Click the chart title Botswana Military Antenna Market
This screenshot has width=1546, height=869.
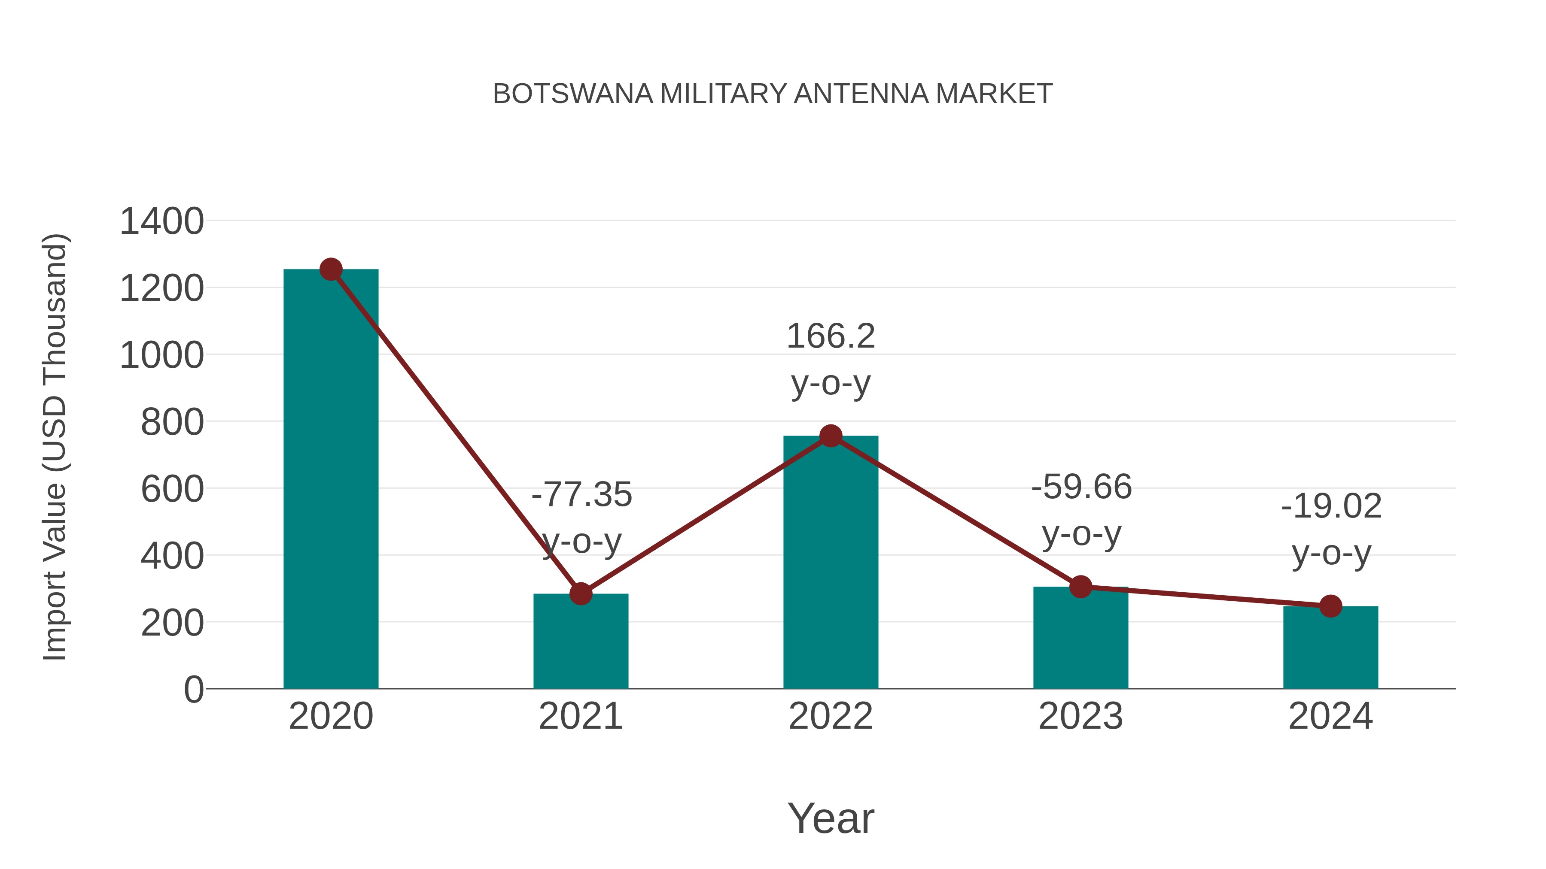pyautogui.click(x=773, y=94)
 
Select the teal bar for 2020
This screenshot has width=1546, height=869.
pyautogui.click(x=331, y=480)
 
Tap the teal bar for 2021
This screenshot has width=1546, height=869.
pyautogui.click(x=580, y=641)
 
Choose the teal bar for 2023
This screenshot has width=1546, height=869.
pyautogui.click(x=1080, y=638)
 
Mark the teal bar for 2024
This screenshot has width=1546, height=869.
pyautogui.click(x=1330, y=648)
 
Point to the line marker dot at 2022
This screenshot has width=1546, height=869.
pyautogui.click(x=831, y=436)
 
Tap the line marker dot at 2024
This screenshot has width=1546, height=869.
pyautogui.click(x=1330, y=606)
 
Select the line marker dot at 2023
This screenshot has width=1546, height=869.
pyautogui.click(x=1080, y=587)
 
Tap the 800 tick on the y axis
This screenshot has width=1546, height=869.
pyautogui.click(x=172, y=422)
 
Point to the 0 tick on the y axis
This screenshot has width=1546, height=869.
pyautogui.click(x=193, y=690)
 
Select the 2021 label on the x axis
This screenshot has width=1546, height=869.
pyautogui.click(x=580, y=716)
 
